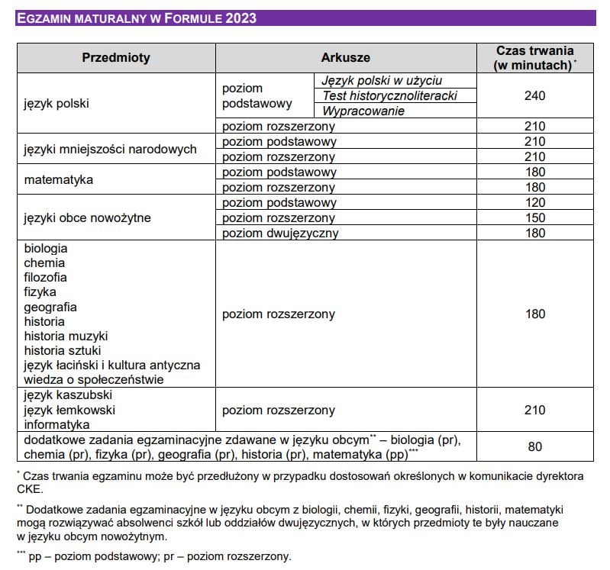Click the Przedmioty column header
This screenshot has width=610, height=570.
[x=116, y=57]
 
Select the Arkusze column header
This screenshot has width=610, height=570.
[x=345, y=57]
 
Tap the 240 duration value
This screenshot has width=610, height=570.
[x=535, y=96]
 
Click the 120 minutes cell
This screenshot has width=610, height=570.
[x=535, y=202]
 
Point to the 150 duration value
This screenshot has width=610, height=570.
[x=535, y=217]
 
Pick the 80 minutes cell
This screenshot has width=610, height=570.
[x=535, y=446]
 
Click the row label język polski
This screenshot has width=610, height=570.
[x=56, y=103]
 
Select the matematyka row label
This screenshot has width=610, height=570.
[x=58, y=180]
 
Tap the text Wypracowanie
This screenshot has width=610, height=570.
[x=363, y=111]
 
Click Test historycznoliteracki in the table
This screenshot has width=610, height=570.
[x=389, y=95]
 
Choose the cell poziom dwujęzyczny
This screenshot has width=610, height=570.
[x=279, y=233]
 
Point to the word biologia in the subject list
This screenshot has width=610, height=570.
[x=46, y=248]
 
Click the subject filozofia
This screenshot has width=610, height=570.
[x=45, y=277]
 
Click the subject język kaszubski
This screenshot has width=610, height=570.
[x=68, y=395]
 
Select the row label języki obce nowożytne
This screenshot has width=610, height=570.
[x=87, y=217]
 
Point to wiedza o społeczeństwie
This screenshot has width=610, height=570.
[x=94, y=379]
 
